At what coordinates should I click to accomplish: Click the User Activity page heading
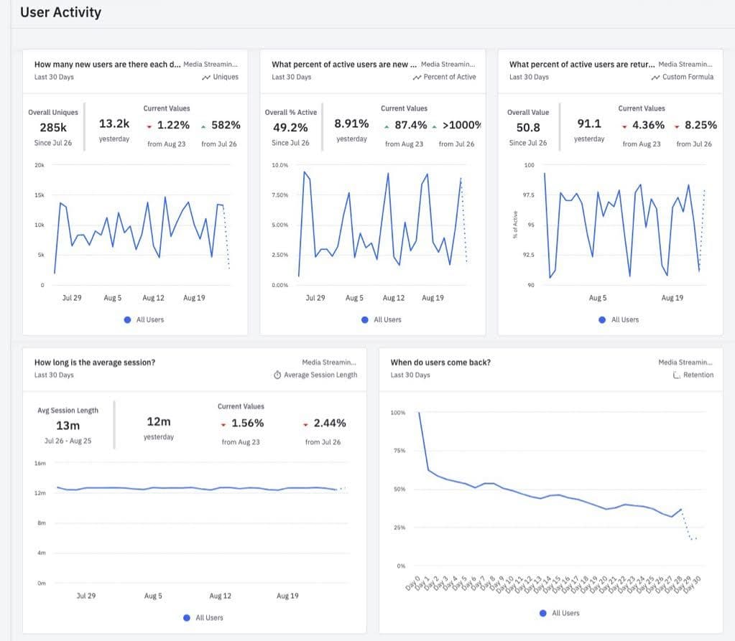coord(60,12)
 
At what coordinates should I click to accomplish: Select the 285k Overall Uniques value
coord(53,128)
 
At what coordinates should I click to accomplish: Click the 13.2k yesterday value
coord(114,123)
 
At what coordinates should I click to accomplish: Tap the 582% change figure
coord(226,125)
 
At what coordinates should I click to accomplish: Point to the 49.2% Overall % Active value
coord(290,128)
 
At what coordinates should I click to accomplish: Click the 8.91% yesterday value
coord(351,123)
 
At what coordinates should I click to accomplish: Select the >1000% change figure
coord(462,125)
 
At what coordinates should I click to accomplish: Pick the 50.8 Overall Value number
coord(528,128)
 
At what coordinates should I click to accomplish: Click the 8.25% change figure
coord(701,125)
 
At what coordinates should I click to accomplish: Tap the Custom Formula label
coord(688,77)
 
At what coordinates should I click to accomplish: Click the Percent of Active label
coord(449,77)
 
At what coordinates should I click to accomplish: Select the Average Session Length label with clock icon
coord(320,375)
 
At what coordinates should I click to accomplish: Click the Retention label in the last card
coord(698,375)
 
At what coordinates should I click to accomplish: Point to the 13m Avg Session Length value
coord(68,426)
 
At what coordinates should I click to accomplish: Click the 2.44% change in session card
coord(329,423)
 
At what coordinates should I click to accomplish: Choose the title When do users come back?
coord(440,362)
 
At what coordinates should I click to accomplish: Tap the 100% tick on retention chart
coord(397,413)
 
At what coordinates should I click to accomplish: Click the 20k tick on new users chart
coord(40,165)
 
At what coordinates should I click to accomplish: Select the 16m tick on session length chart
coord(40,463)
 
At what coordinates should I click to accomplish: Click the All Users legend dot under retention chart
coord(543,613)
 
